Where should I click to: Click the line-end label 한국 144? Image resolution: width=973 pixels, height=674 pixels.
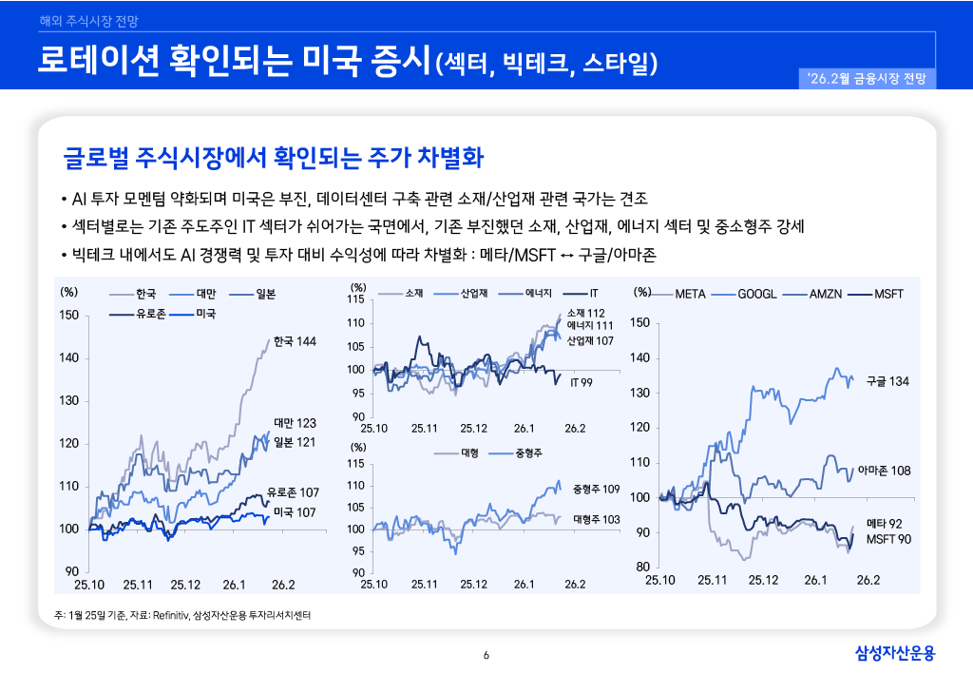pyautogui.click(x=294, y=341)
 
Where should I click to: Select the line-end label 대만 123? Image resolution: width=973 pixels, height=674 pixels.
pyautogui.click(x=294, y=422)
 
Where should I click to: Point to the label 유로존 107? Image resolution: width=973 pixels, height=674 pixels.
pyautogui.click(x=293, y=492)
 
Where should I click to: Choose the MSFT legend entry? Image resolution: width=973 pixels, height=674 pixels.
pyautogui.click(x=888, y=294)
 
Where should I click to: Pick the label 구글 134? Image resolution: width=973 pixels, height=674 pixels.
pyautogui.click(x=887, y=381)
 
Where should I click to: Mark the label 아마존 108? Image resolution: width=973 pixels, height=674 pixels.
pyautogui.click(x=884, y=471)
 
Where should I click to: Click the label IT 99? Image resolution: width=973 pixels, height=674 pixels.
pyautogui.click(x=582, y=382)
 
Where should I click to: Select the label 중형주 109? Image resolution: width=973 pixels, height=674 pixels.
pyautogui.click(x=597, y=489)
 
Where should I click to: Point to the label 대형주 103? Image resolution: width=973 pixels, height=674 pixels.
pyautogui.click(x=597, y=520)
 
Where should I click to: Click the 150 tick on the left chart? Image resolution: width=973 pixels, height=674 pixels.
pyautogui.click(x=69, y=316)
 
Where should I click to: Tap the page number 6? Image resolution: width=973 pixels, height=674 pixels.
pyautogui.click(x=486, y=655)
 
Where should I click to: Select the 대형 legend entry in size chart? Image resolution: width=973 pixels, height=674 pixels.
pyautogui.click(x=468, y=453)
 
